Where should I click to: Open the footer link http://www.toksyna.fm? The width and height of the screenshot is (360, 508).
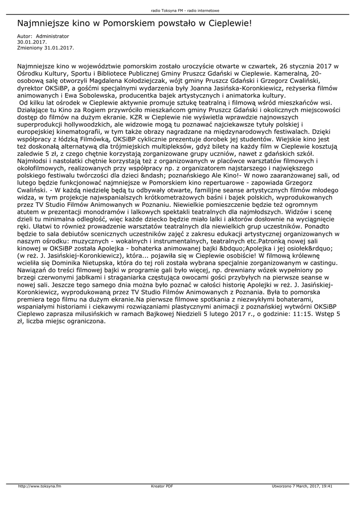[40, 486]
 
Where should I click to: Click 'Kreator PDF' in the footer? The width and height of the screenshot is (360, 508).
[162, 486]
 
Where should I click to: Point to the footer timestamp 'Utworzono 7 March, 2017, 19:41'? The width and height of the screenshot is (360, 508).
[302, 486]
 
